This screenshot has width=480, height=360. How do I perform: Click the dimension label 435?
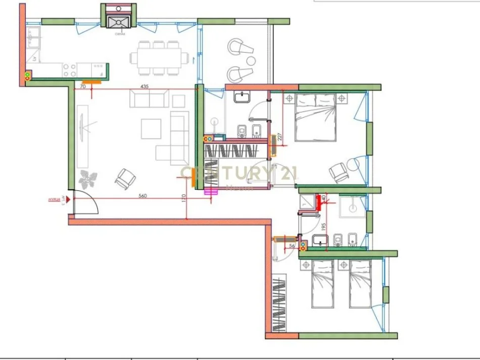point(145,87)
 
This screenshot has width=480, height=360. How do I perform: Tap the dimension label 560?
point(143,196)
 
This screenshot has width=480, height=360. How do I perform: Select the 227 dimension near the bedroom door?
point(279,136)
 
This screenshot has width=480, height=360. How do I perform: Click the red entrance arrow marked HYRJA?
point(67,200)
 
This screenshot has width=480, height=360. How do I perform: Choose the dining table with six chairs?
point(158,58)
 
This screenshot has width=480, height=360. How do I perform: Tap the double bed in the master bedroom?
point(315,117)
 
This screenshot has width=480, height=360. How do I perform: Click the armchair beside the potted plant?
point(125,178)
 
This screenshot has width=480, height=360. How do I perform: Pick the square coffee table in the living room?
point(151,128)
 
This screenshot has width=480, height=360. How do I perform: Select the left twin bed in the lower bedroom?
point(322,284)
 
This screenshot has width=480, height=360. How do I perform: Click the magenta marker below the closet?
point(211,191)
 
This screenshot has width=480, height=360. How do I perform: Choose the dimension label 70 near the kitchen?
point(82,87)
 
